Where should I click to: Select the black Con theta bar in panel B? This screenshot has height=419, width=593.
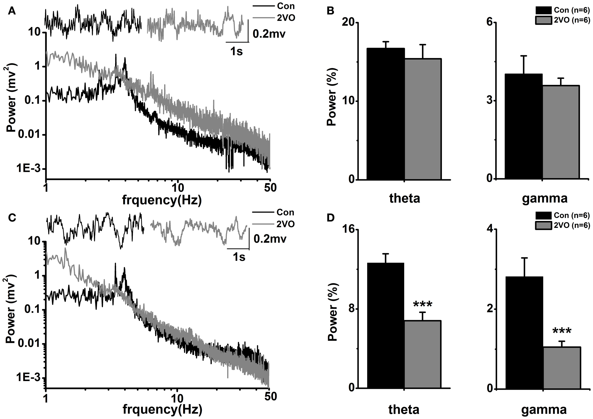coord(386,114)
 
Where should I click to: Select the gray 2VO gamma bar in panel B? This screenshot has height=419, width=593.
coord(561,132)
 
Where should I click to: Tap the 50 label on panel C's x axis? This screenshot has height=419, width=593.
coord(270,396)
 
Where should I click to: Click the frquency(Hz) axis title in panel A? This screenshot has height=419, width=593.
coord(162,200)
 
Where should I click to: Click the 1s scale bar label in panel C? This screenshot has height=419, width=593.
coord(239,257)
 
